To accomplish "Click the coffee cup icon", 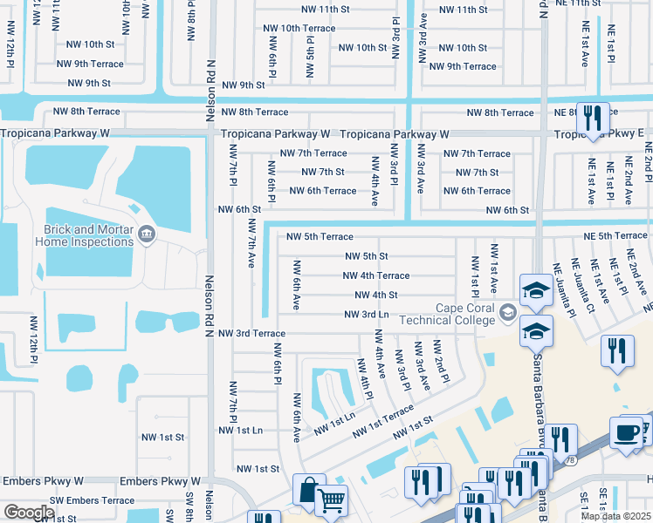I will click(625, 433).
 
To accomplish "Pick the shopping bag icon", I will click(308, 488).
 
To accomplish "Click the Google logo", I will click(28, 513).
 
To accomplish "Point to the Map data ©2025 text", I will click(615, 516).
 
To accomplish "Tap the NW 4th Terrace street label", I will click(375, 275).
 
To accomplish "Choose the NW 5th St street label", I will click(366, 256).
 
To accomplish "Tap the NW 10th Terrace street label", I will click(299, 28).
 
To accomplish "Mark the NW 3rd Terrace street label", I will click(251, 333).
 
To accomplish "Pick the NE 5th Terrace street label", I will click(610, 235).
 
